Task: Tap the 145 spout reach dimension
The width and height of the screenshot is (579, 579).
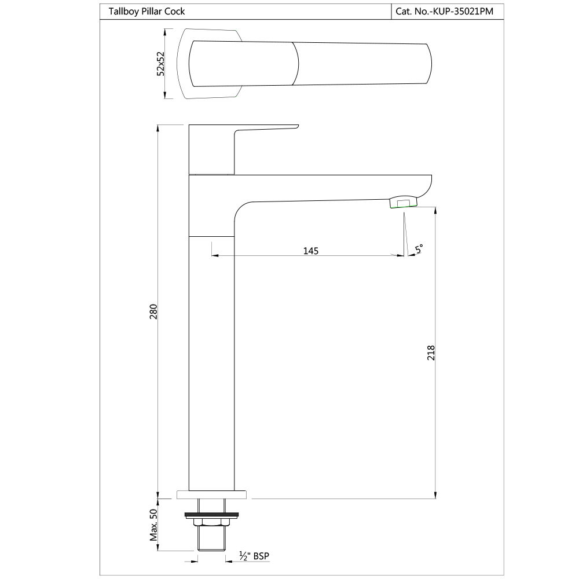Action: (x=311, y=250)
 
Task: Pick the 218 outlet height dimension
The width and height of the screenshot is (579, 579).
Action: (x=431, y=353)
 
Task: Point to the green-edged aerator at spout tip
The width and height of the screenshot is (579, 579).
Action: (x=403, y=203)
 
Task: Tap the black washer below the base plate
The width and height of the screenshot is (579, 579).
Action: (x=211, y=514)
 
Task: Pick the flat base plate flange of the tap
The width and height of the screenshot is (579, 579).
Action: (x=211, y=494)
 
